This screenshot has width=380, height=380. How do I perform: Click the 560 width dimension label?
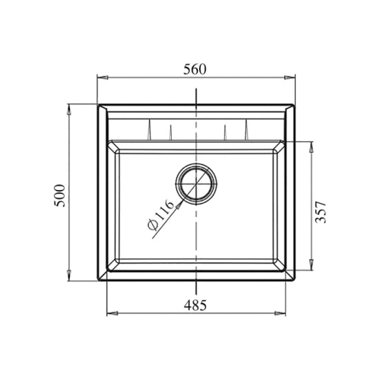point(195,68)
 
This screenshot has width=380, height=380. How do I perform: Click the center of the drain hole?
point(196,182)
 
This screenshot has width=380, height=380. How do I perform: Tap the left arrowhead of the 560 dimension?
point(101,77)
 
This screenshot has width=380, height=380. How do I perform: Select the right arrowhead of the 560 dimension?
point(293,77)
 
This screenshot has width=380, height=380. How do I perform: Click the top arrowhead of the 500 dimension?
point(70,107)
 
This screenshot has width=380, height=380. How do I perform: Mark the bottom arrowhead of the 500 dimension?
point(70,278)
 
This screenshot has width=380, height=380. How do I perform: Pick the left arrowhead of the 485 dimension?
point(107,312)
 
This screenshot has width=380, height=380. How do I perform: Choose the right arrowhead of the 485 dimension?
point(286,312)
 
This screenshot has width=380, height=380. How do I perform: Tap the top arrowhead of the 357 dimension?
point(310,144)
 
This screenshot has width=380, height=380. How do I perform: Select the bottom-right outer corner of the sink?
point(294,280)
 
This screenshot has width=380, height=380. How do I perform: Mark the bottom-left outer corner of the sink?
point(98,280)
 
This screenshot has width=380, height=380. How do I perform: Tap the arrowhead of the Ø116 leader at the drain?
point(180,202)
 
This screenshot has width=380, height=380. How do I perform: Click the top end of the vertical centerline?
point(196,90)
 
